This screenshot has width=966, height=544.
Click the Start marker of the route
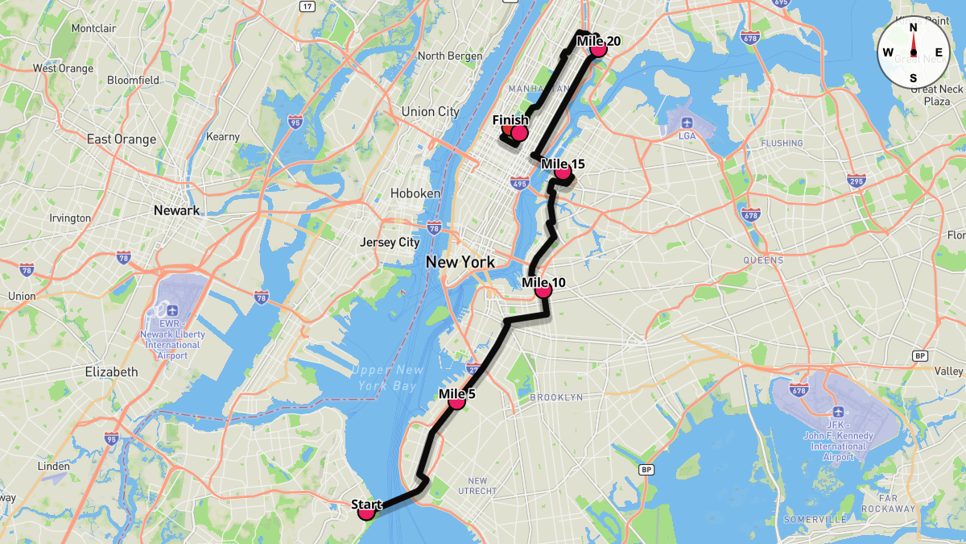(367, 511)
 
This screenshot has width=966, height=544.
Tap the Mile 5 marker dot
(456, 401)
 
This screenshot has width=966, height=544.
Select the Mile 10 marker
(543, 289)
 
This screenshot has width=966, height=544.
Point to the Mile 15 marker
(563, 171)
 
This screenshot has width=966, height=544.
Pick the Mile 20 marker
(597, 49)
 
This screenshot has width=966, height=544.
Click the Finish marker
(519, 133)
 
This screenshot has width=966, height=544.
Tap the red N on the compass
(914, 27)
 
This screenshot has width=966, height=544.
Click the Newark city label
(176, 210)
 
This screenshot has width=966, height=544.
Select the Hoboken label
(415, 193)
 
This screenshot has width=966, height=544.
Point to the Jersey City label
(390, 242)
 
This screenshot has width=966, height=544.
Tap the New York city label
(460, 261)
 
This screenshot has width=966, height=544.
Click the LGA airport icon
(687, 122)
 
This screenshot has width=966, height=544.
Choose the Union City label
(430, 111)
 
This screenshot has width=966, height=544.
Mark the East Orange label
(122, 139)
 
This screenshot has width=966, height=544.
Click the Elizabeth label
(111, 372)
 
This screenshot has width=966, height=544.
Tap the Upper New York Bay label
(386, 377)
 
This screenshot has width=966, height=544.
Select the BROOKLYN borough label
(556, 397)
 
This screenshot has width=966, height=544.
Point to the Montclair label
(95, 28)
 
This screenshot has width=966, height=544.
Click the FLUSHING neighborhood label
(781, 143)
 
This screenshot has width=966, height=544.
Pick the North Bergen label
(450, 56)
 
